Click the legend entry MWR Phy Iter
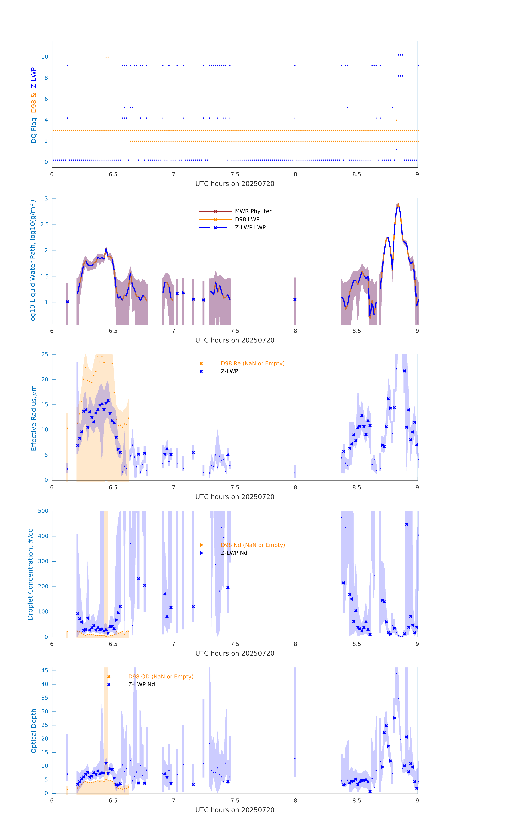coord(253,211)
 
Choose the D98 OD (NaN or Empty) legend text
coord(161,676)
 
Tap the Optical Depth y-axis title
coord(34,731)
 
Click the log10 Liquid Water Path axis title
coord(32,261)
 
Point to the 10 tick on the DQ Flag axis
coord(45,57)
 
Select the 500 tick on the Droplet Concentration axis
coord(43,511)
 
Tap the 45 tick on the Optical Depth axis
coord(45,671)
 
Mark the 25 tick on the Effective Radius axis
coord(45,354)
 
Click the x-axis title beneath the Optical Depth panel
coord(235,810)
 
